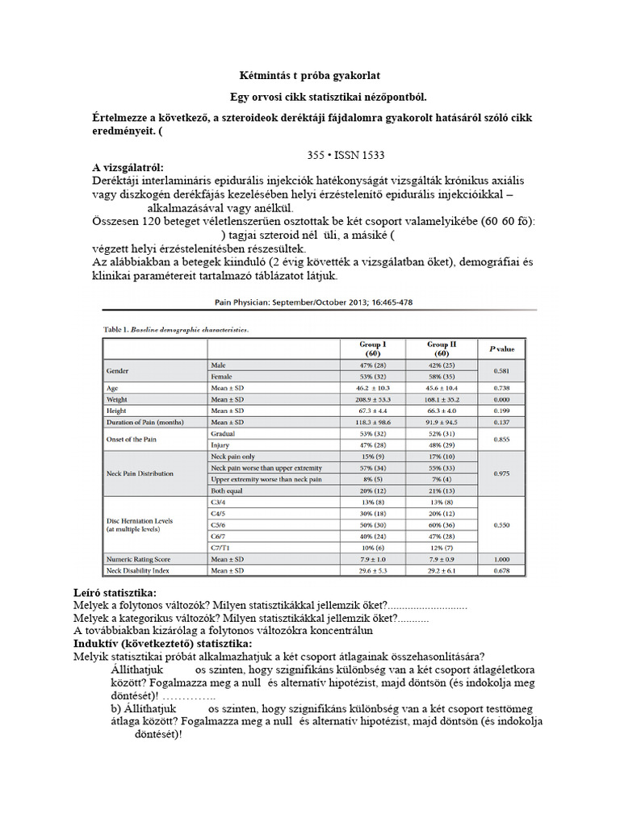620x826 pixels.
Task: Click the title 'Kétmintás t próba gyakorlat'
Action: click(x=310, y=76)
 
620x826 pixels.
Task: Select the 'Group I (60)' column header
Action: click(x=372, y=348)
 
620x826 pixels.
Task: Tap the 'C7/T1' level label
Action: click(x=220, y=547)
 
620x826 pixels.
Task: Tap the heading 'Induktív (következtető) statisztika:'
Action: click(x=162, y=643)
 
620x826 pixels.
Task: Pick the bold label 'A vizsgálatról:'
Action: click(x=128, y=167)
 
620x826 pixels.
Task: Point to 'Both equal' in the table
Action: click(x=228, y=490)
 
